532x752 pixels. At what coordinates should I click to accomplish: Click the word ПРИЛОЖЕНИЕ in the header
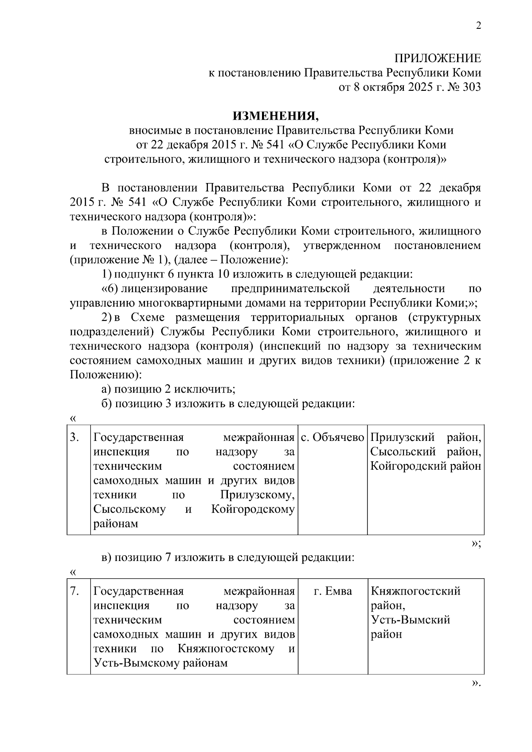pos(438,58)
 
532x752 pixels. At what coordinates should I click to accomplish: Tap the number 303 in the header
pos(471,87)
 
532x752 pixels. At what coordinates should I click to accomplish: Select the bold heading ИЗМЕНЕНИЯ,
pos(276,116)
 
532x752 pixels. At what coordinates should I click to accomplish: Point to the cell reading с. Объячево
pos(332,438)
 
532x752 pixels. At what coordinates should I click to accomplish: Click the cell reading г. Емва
pos(332,591)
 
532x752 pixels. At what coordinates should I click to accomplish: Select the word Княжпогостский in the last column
pos(415,591)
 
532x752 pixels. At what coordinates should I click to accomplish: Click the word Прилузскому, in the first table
pos(257,495)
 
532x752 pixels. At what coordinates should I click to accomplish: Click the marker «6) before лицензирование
pos(109,289)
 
